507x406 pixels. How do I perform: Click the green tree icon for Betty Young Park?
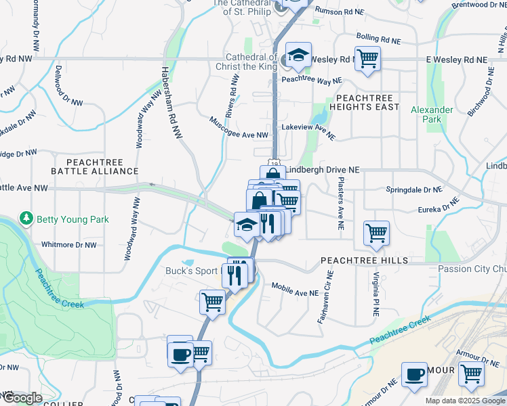(x=26, y=219)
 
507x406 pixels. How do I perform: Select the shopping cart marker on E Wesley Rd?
(x=367, y=58)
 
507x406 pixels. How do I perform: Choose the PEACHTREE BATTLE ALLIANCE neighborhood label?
(x=103, y=167)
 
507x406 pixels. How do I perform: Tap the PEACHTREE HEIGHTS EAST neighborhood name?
(x=364, y=102)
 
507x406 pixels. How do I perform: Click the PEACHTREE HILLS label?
(x=364, y=260)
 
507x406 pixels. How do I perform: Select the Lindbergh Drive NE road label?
(x=323, y=171)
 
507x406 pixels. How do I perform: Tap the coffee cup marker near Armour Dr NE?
(x=414, y=374)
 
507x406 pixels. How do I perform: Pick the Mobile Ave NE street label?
(x=295, y=290)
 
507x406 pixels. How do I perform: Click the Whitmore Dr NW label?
(x=69, y=245)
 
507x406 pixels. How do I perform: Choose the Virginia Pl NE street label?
(x=375, y=294)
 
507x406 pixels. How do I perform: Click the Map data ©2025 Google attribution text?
(x=465, y=401)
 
